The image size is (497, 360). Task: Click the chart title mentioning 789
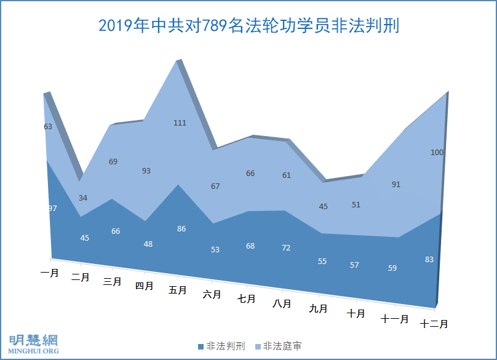click(248, 26)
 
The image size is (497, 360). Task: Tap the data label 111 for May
click(180, 123)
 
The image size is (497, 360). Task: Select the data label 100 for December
click(437, 153)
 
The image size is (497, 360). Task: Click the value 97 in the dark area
click(52, 209)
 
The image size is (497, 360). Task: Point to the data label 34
click(83, 198)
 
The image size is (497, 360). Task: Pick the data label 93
click(146, 171)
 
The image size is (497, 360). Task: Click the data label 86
click(181, 229)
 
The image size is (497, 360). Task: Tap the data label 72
click(286, 247)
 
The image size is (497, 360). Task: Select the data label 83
click(429, 260)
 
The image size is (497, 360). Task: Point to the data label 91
click(396, 184)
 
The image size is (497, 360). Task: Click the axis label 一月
click(50, 273)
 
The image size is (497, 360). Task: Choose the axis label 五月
click(178, 290)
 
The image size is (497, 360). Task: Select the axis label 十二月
click(434, 324)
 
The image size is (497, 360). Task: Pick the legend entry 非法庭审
click(282, 346)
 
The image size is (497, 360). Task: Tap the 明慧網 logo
click(34, 340)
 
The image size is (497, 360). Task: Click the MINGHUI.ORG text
click(34, 351)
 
